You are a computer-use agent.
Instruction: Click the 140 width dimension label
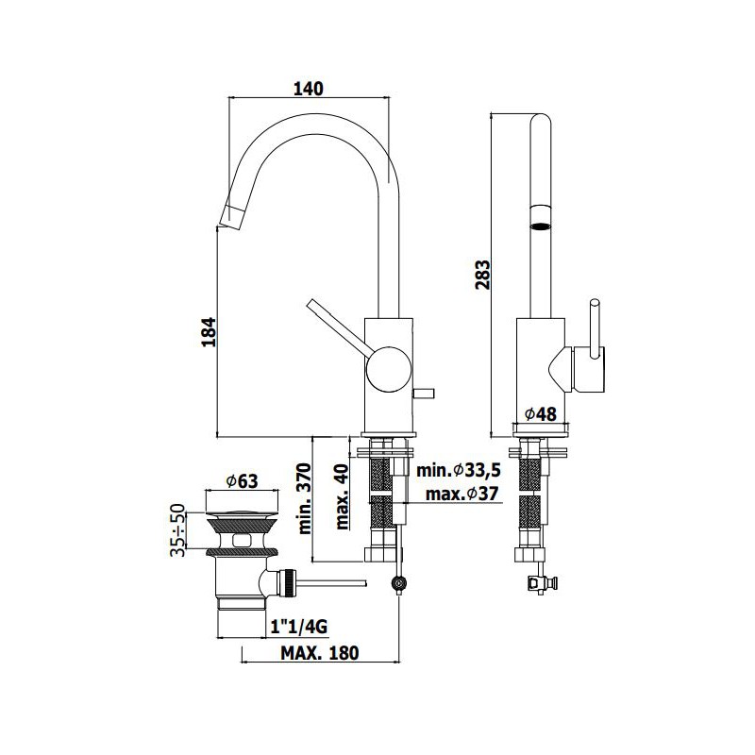coord(309,89)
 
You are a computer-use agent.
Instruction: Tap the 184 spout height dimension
coord(209,332)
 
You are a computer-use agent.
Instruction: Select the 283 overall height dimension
coord(482,275)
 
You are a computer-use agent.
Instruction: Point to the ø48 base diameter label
coord(540,413)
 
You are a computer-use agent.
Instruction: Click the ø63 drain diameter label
coord(242,480)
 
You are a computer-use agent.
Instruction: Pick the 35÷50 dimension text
coord(177,529)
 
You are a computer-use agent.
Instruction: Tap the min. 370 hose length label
coord(304,498)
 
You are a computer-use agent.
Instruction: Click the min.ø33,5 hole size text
coord(459,469)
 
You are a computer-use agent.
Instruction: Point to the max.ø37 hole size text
coord(461,494)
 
